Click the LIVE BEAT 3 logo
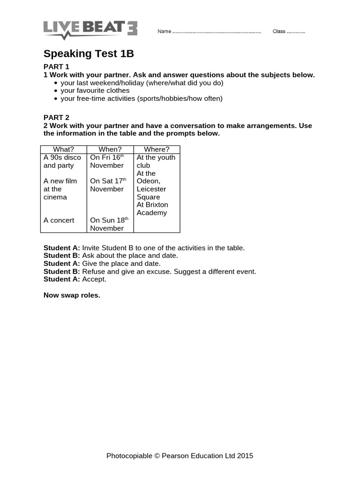[x=90, y=29]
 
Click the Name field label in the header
[x=165, y=32]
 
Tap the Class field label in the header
[x=279, y=32]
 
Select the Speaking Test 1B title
[x=89, y=54]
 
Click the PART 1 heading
[x=56, y=67]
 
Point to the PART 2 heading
[x=56, y=118]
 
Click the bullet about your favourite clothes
[x=95, y=90]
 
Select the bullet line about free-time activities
[x=141, y=98]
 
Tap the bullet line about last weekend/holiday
[x=142, y=82]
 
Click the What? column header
[x=63, y=150]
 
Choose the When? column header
[x=110, y=150]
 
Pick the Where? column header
[x=157, y=150]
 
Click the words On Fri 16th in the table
[x=107, y=157]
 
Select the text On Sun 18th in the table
[x=108, y=220]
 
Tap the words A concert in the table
[x=59, y=220]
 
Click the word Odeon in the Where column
[x=148, y=181]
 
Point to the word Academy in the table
[x=151, y=213]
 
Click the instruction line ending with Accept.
[x=75, y=279]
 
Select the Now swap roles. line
[x=72, y=295]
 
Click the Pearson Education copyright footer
[x=180, y=456]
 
